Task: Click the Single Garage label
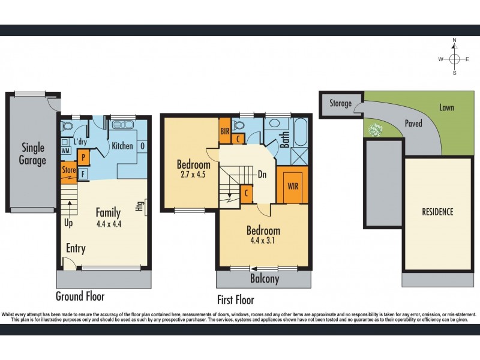point(32,154)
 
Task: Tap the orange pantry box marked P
point(83,158)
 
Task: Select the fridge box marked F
point(83,174)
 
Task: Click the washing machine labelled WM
point(65,151)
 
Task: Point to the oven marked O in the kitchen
point(142,146)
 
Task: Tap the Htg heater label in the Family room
point(140,206)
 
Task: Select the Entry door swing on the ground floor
point(69,263)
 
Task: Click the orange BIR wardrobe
point(224,131)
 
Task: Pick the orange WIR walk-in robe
point(292,185)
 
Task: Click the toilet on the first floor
point(239,125)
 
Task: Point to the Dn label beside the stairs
point(262,175)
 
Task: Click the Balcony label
point(265,278)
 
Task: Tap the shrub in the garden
point(376,130)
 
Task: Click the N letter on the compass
point(455,40)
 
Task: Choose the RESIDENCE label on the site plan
point(437,212)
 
